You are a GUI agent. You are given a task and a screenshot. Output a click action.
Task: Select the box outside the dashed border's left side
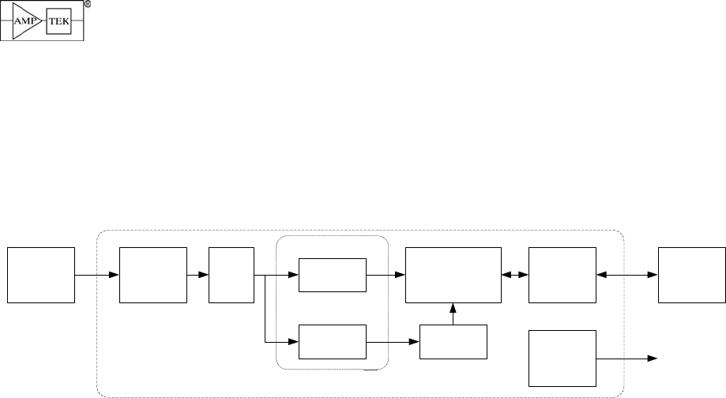tap(41, 274)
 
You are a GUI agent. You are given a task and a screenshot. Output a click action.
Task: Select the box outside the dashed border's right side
tap(692, 274)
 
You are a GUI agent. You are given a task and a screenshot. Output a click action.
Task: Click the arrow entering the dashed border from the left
tap(96, 275)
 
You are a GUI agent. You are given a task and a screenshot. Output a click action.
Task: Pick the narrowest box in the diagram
tap(231, 274)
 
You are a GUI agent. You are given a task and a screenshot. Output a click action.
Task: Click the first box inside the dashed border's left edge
tap(152, 274)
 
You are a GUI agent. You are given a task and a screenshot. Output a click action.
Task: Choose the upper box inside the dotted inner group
tap(333, 275)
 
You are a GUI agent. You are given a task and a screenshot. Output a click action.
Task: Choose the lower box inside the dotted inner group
tap(333, 340)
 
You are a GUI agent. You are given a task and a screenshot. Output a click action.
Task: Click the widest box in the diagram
tap(453, 274)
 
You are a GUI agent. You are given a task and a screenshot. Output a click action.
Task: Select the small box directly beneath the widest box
tap(453, 340)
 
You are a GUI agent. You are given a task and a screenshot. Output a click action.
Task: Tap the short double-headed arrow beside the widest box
tap(515, 275)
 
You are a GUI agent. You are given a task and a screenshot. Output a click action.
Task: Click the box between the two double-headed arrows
tap(562, 274)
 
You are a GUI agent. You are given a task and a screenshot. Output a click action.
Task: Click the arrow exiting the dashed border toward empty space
tap(627, 359)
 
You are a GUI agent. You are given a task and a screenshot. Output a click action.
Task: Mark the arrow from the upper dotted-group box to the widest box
tap(386, 275)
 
